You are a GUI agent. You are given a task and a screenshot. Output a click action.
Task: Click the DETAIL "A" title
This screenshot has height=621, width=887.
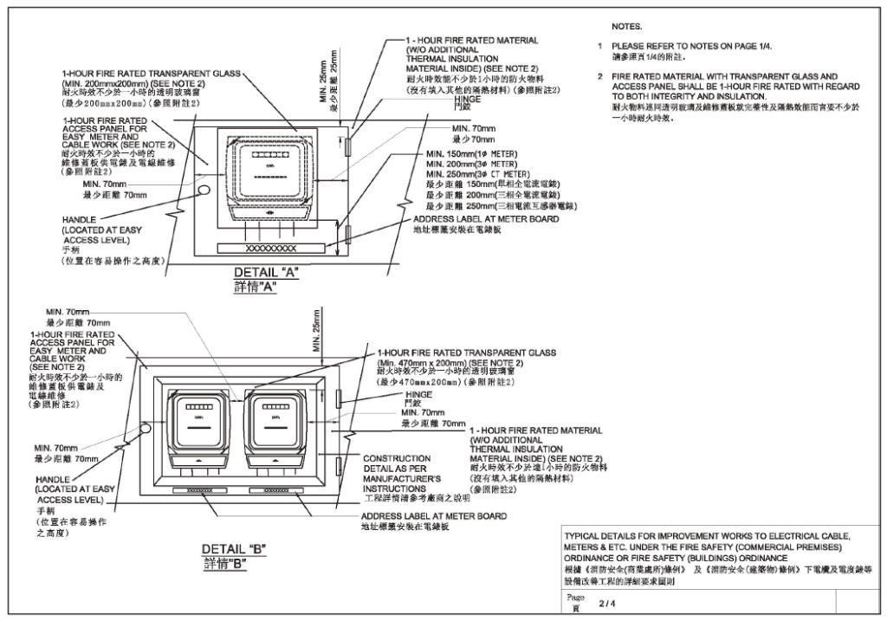[x=266, y=272]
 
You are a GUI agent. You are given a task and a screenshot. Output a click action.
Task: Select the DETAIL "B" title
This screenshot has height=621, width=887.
[x=233, y=549]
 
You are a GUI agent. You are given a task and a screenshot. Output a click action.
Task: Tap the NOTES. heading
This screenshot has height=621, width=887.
[x=626, y=28]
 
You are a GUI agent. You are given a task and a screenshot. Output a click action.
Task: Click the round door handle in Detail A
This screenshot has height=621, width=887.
[x=204, y=189]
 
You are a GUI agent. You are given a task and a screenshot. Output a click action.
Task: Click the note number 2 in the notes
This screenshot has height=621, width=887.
[x=599, y=77]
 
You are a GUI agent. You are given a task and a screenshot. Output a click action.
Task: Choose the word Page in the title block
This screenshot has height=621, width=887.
[x=575, y=598]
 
